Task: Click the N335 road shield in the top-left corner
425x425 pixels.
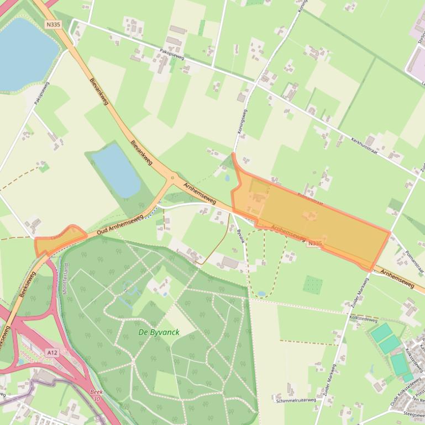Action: (x=54, y=24)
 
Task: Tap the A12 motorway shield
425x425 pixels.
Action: (x=52, y=352)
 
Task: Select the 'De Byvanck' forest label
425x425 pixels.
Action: (x=159, y=332)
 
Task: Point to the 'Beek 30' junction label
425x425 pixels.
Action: (x=97, y=395)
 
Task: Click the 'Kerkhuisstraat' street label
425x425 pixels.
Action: (x=365, y=145)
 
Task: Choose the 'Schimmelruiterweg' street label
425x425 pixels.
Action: (x=296, y=400)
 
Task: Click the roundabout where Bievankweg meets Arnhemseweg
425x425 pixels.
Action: (x=172, y=178)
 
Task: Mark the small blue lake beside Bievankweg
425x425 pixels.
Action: (x=116, y=169)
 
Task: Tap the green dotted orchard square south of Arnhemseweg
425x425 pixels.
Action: (x=313, y=285)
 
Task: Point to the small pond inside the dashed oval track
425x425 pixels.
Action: (x=261, y=294)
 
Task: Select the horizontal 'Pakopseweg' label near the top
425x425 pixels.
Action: (x=171, y=54)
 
